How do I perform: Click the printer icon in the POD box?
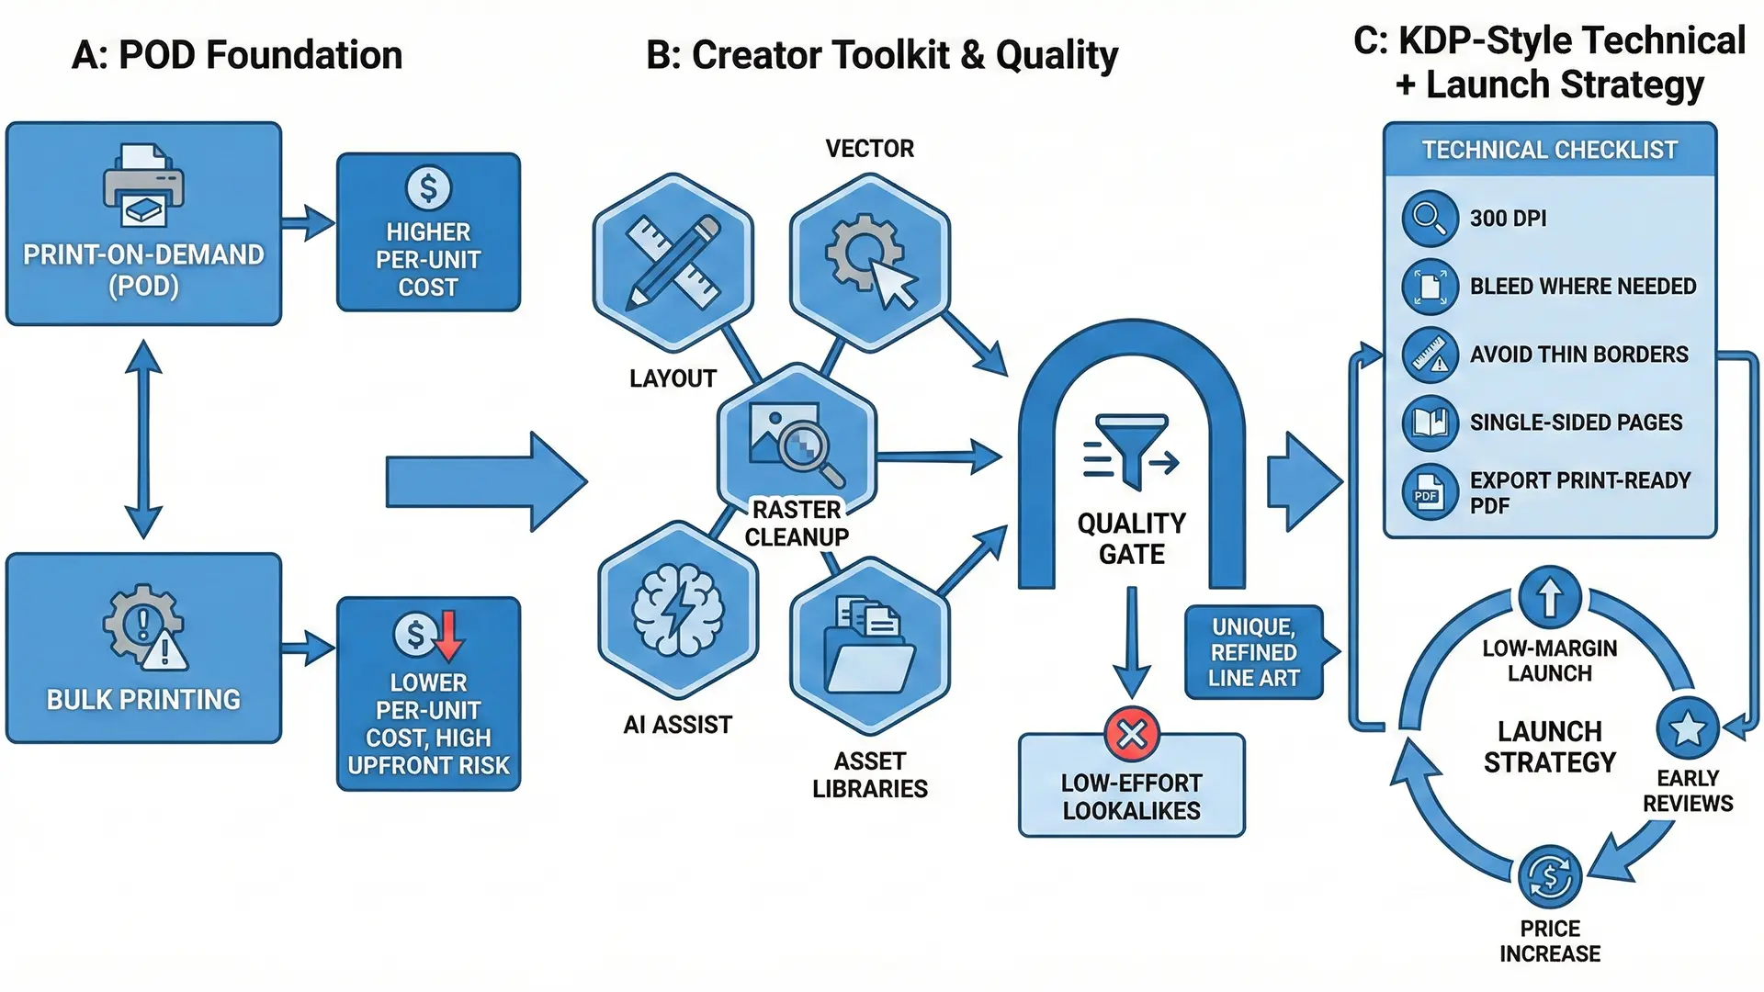[x=143, y=186]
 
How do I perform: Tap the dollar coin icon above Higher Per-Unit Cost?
[x=428, y=188]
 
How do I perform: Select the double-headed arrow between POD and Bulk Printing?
[x=143, y=439]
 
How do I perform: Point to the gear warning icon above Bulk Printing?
[x=144, y=626]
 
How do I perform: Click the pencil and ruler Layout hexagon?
[x=673, y=262]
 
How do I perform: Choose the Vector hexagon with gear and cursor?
[x=869, y=262]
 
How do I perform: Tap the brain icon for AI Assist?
[x=678, y=610]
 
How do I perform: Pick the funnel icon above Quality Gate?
[x=1132, y=450]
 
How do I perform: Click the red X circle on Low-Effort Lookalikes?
[x=1132, y=734]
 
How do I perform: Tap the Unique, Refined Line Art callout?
[x=1254, y=652]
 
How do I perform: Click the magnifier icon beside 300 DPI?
[x=1430, y=219]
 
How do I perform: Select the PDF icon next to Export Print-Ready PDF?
[x=1430, y=492]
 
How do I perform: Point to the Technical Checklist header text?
[x=1549, y=150]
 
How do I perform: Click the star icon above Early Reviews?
[x=1687, y=728]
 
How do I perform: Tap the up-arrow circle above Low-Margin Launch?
[x=1550, y=597]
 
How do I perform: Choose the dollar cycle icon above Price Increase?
[x=1550, y=877]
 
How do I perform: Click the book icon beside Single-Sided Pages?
[x=1430, y=423]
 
